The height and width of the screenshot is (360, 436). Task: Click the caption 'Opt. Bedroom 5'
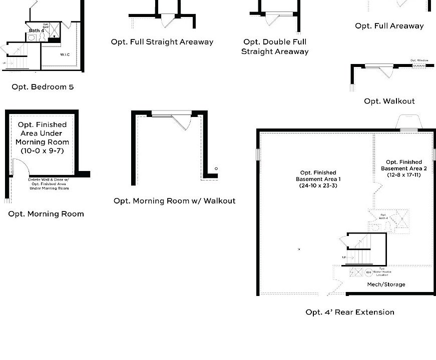[43, 87]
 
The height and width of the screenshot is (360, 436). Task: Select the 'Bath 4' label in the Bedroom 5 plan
[37, 31]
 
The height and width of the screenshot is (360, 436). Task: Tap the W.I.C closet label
[65, 54]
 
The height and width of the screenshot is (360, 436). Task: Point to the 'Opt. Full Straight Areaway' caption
[162, 42]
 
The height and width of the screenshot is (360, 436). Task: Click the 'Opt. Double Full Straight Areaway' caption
[275, 46]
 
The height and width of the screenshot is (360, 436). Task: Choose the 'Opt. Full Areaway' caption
[389, 26]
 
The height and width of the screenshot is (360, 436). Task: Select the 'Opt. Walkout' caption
[389, 101]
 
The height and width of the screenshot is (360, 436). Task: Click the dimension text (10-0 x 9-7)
[42, 150]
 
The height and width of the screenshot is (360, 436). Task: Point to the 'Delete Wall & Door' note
[49, 183]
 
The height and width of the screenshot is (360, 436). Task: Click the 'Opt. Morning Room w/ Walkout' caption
[174, 201]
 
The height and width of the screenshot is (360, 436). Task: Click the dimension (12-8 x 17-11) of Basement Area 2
[403, 175]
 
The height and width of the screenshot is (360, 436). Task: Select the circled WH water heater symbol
[368, 273]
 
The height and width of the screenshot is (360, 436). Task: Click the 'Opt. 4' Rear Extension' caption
[350, 312]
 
